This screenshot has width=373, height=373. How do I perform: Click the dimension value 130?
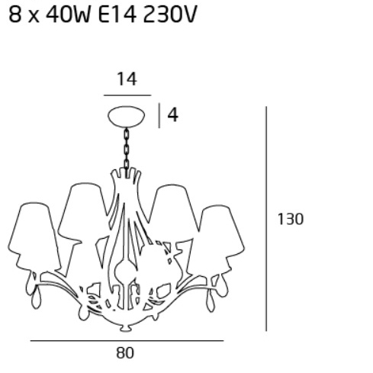291,219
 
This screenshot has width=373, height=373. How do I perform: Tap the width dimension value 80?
125,353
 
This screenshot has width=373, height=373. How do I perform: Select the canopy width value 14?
127,79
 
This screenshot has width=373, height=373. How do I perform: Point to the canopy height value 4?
173,115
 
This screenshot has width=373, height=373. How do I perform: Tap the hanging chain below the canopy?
127,150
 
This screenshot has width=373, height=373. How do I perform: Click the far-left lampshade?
34,236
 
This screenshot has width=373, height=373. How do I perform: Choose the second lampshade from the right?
173,213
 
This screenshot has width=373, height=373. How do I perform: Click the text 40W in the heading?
68,14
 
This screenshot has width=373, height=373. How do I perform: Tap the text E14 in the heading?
117,14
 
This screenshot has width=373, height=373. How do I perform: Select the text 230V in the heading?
170,14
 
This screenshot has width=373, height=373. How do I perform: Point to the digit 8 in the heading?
14,14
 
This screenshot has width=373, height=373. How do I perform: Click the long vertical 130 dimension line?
266,219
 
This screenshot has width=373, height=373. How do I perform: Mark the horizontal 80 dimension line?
127,340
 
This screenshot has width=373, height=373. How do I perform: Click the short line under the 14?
127,95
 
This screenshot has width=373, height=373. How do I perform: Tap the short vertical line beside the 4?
159,115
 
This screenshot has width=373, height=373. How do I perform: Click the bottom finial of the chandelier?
125,328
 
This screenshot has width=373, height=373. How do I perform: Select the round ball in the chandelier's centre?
125,272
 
